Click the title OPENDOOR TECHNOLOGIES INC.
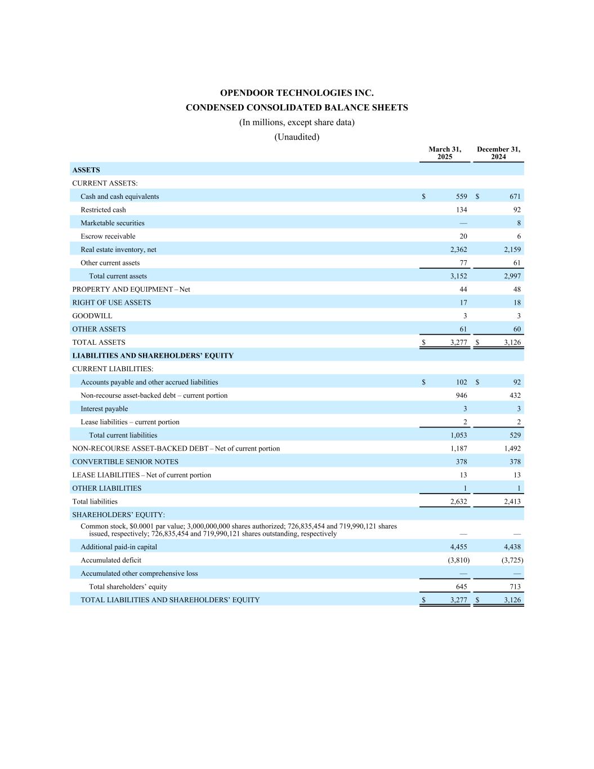[297, 93]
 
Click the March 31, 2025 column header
[445, 153]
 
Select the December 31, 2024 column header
[498, 153]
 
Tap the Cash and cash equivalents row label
[119, 197]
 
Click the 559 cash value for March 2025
[461, 197]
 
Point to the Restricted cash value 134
[461, 210]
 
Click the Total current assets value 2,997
[512, 276]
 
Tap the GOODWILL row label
[92, 316]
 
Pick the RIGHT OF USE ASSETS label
[111, 303]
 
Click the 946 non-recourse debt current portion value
[461, 395]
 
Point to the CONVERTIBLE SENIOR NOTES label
[125, 462]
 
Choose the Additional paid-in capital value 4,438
[512, 547]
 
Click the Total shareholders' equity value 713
[515, 586]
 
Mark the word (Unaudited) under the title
[297, 137]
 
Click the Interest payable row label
[104, 409]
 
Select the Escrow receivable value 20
[463, 237]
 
